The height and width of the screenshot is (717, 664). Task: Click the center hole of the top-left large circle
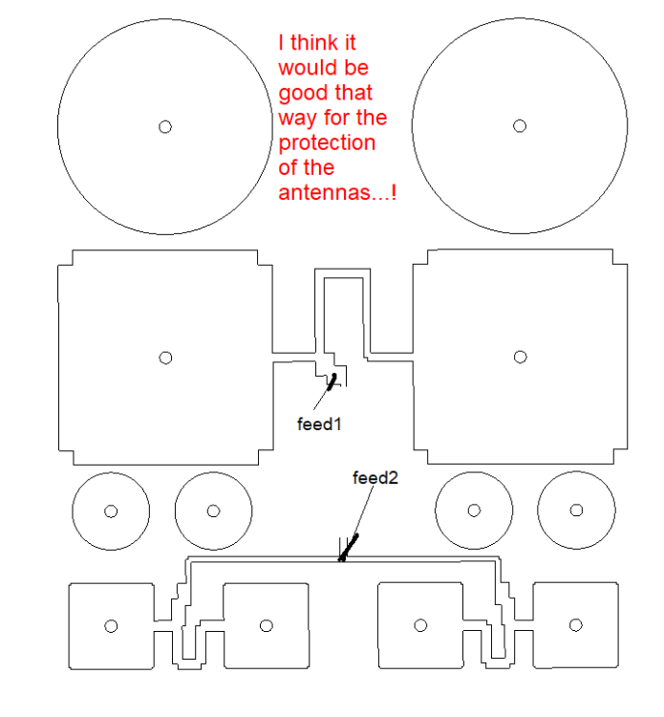tap(164, 126)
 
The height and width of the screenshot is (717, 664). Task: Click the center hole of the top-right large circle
tap(520, 126)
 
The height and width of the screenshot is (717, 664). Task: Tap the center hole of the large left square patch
tap(165, 358)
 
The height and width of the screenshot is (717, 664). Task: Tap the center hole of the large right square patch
tap(520, 357)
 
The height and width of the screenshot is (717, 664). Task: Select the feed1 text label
tap(319, 424)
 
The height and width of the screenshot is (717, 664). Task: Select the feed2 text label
tap(375, 478)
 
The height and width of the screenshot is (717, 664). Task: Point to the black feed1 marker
tap(332, 382)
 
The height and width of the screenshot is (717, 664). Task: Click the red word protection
tap(327, 142)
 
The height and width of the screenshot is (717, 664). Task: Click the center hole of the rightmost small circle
tap(576, 511)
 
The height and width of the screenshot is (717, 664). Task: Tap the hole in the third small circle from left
tap(473, 511)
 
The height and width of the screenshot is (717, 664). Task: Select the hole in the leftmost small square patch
tap(111, 626)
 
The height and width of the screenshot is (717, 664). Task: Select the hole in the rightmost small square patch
tap(576, 625)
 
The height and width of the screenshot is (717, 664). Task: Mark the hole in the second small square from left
tap(266, 625)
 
